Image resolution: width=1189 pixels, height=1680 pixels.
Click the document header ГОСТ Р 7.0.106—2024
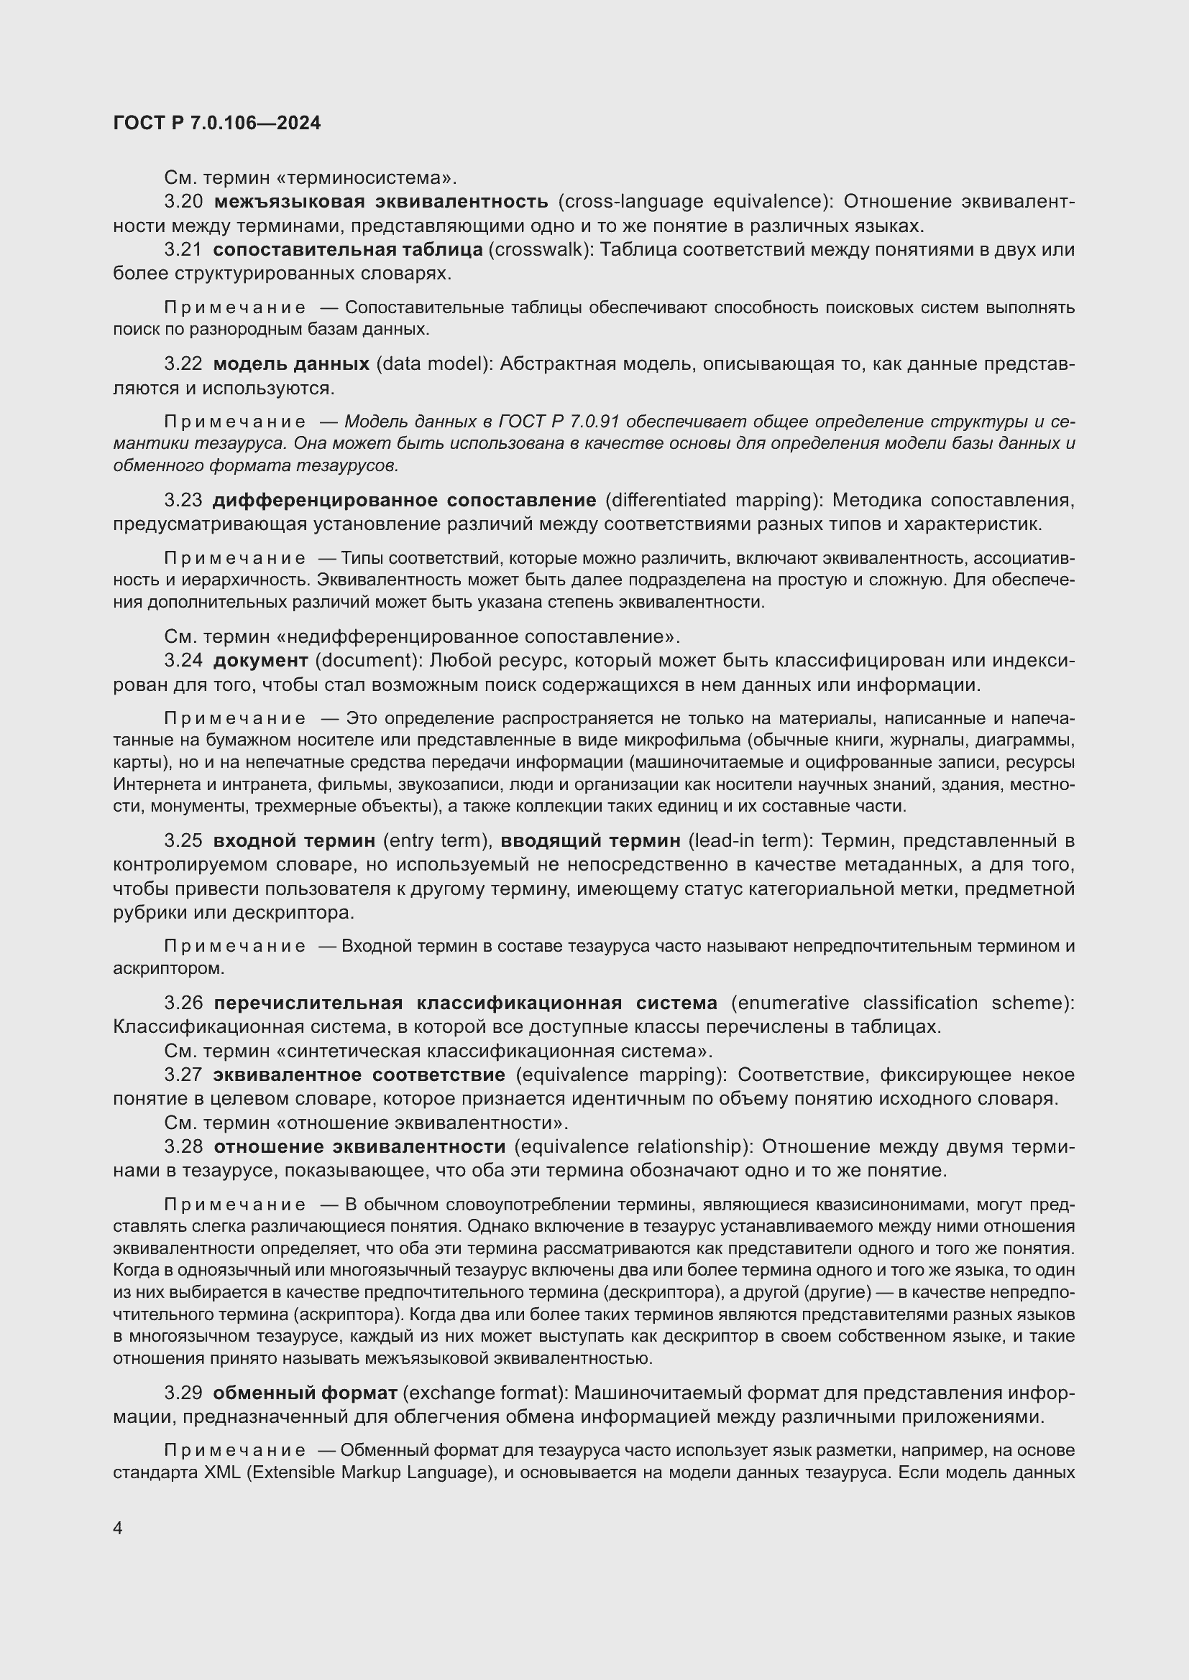click(x=216, y=123)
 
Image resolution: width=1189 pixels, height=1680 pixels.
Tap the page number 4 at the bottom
click(x=118, y=1528)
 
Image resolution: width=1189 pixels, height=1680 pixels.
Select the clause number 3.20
click(x=183, y=201)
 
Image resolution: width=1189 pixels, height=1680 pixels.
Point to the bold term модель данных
click(x=290, y=363)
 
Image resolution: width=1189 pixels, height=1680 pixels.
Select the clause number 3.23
click(x=183, y=501)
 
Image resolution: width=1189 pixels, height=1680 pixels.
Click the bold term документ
click(x=260, y=661)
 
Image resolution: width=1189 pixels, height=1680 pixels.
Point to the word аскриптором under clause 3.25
click(x=167, y=968)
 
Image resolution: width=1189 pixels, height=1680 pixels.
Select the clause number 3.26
click(x=183, y=1003)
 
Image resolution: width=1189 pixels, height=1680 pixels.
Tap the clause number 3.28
click(x=183, y=1146)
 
